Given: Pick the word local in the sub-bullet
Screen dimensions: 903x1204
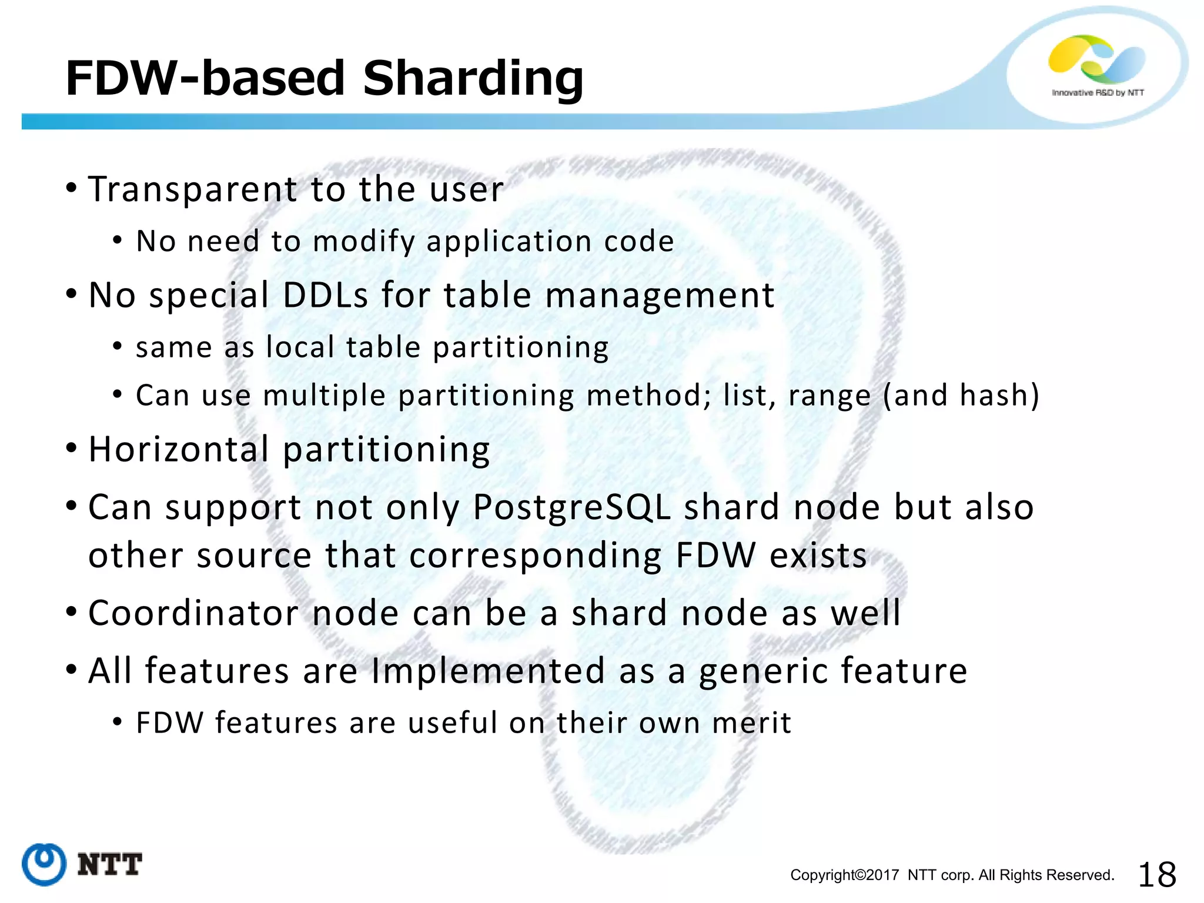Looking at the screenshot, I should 300,347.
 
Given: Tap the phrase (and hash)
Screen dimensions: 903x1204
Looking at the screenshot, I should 961,394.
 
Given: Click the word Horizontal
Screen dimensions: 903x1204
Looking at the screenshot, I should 179,450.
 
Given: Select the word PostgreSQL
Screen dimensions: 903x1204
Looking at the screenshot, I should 571,507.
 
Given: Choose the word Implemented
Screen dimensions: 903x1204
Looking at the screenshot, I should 488,671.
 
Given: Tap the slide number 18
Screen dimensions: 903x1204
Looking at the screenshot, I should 1157,874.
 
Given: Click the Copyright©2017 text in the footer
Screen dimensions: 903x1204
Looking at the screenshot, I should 844,875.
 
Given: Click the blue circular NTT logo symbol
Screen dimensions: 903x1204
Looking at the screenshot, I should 44,864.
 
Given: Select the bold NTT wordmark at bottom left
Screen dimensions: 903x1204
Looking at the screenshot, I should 110,865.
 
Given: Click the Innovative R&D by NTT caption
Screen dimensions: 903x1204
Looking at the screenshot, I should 1098,93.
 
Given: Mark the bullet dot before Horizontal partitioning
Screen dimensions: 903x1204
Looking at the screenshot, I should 72,449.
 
